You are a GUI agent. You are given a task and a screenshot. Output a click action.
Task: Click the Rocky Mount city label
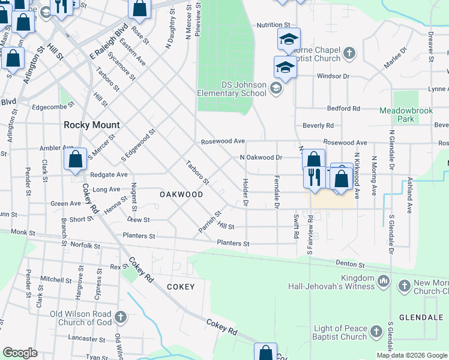[92, 125]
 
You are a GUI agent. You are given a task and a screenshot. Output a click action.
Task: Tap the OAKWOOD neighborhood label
[181, 195]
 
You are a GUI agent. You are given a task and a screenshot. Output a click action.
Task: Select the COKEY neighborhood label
[181, 287]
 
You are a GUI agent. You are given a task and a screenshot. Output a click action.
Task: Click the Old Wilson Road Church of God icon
[120, 316]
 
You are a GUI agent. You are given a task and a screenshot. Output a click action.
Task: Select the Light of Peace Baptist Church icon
[376, 331]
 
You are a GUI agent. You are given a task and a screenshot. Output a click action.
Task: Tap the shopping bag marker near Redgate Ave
[76, 160]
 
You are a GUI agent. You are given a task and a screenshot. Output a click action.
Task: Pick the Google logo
[20, 353]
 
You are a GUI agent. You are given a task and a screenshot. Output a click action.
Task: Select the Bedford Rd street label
[343, 109]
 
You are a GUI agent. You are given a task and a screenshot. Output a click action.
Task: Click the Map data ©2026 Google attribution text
[412, 355]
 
